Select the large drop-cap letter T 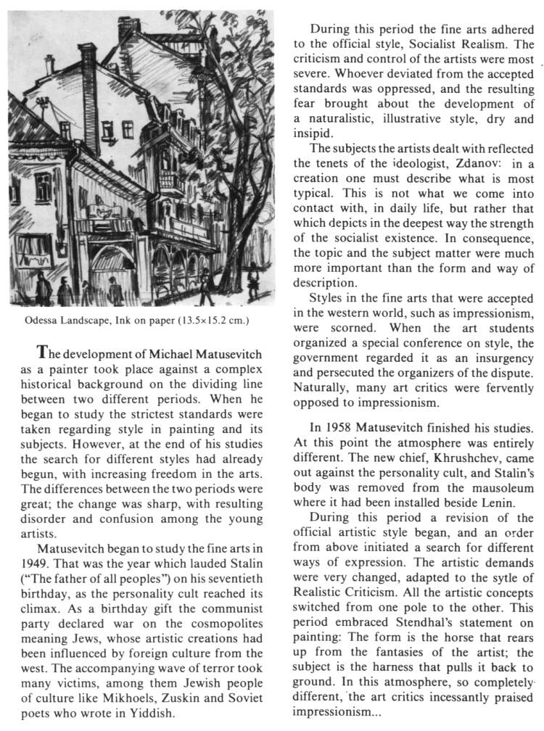[44, 352]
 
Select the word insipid [314, 134]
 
